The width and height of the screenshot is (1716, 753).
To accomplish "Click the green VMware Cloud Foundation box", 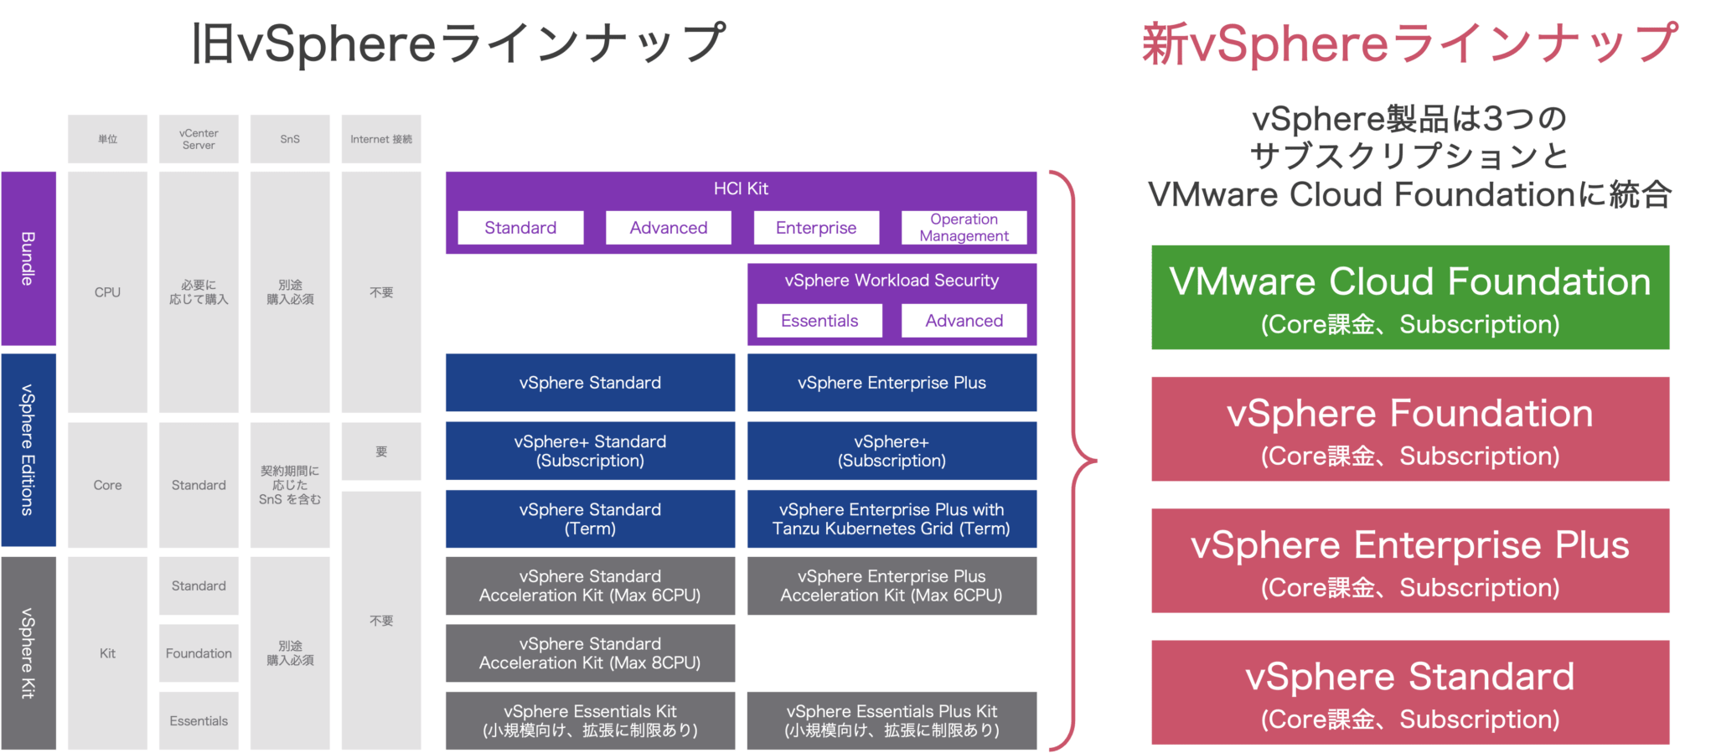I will click(x=1410, y=297).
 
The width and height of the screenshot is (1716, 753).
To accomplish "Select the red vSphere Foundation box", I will click(x=1410, y=429).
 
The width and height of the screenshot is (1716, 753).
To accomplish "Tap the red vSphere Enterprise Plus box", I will click(x=1410, y=560).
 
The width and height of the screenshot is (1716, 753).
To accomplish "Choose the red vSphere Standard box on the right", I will click(x=1410, y=692).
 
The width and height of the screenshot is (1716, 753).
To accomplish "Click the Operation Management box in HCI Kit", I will click(x=964, y=228).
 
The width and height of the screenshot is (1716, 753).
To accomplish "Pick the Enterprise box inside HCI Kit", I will click(x=816, y=228).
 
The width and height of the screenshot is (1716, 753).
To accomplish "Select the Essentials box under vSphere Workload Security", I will click(x=819, y=321).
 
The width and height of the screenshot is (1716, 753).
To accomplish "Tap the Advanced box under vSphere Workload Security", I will click(x=964, y=321).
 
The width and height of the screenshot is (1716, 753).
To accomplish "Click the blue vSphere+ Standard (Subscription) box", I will click(x=590, y=451).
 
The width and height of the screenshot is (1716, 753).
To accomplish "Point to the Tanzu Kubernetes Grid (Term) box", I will click(x=892, y=518).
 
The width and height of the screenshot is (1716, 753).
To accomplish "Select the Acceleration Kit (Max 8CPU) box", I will click(x=590, y=653).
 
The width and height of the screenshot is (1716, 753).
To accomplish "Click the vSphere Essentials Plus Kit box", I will click(x=892, y=720).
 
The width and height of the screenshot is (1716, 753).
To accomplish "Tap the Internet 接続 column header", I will click(x=381, y=139).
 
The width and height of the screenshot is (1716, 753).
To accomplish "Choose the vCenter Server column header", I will click(x=199, y=139).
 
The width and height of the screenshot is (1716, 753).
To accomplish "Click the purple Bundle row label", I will click(x=28, y=258).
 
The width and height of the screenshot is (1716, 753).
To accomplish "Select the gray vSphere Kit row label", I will click(x=28, y=652).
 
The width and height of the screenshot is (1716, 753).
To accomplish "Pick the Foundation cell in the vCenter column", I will click(x=199, y=653).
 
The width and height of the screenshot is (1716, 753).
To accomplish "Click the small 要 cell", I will click(x=381, y=451).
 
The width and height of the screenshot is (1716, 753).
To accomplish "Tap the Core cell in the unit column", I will click(x=107, y=485).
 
